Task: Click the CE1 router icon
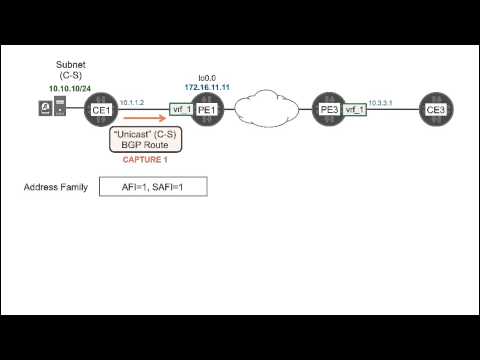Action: point(99,109)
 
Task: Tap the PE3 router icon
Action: point(325,109)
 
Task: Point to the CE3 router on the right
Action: point(435,109)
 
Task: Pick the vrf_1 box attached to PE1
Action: point(181,109)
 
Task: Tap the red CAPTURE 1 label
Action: point(146,159)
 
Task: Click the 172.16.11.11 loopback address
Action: point(207,86)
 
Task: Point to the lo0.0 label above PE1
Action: point(207,77)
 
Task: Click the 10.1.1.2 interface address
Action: point(132,102)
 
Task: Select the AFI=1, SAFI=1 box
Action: point(153,187)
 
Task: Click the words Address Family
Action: point(56,187)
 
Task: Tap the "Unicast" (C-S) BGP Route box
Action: point(146,139)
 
